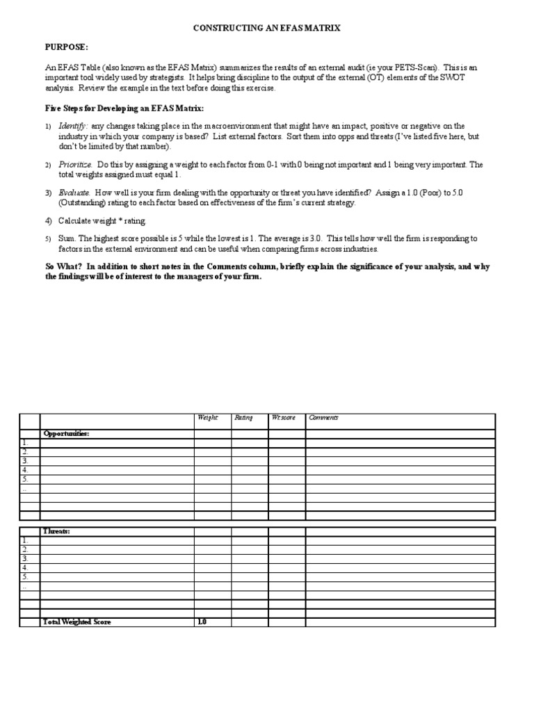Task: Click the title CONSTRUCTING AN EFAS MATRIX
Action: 266,27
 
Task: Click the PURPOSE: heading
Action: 67,47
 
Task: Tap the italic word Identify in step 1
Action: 72,126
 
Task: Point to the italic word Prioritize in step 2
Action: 76,165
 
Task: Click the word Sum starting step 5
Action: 65,238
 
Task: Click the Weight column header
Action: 208,418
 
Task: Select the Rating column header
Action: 243,418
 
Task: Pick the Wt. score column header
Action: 284,418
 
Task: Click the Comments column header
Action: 323,418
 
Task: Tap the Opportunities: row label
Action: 67,434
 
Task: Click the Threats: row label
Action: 56,531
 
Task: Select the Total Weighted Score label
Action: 77,622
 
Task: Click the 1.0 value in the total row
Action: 202,622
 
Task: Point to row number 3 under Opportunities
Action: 25,460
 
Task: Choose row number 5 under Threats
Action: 25,576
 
